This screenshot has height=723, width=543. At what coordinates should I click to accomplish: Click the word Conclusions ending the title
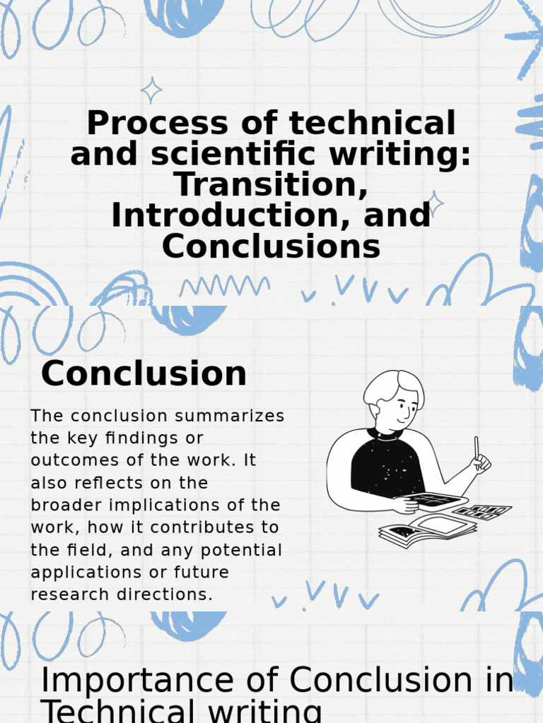click(x=271, y=246)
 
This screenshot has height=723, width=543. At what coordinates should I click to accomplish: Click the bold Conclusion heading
click(x=144, y=374)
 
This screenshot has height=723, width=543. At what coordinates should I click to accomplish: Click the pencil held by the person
click(x=477, y=448)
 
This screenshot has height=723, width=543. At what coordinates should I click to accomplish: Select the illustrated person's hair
click(x=393, y=387)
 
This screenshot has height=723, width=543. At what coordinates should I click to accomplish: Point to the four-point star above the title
click(x=151, y=90)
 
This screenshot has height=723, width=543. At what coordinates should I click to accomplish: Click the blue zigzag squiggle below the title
click(x=224, y=285)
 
